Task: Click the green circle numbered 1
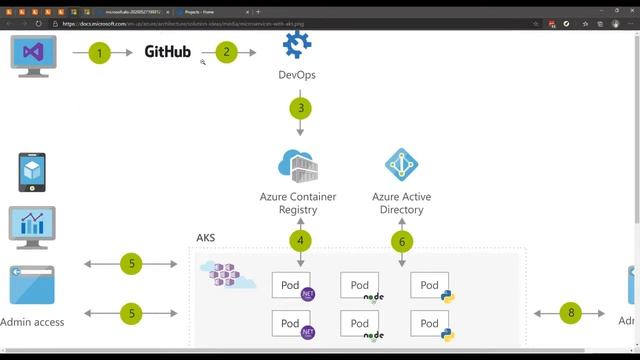click(98, 52)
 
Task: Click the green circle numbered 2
click(226, 52)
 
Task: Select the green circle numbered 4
click(300, 241)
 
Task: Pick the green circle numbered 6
click(402, 241)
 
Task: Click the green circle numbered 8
click(571, 313)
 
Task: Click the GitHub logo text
click(167, 52)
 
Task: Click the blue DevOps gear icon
click(298, 45)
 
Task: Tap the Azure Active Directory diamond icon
click(402, 163)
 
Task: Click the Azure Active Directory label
click(402, 203)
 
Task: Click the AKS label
click(205, 239)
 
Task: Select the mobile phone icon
click(33, 172)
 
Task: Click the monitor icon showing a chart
click(32, 227)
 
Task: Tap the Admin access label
click(34, 322)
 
